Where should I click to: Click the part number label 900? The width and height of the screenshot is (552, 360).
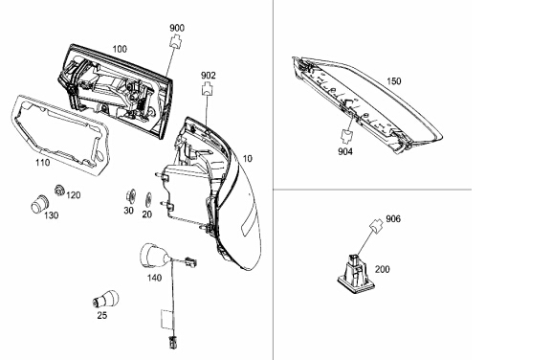pos(177,28)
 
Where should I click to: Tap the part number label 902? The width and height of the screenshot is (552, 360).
pos(208,76)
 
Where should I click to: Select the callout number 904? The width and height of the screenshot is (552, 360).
pos(345,151)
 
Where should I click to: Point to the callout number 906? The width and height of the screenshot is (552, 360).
pos(393,218)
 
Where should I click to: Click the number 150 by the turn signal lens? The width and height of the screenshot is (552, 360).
pos(393,81)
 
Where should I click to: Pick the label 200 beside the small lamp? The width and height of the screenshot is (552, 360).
pos(383,269)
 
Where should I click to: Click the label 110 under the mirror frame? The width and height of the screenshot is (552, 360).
pos(43,163)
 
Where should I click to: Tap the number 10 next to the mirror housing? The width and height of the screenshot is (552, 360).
pos(248,159)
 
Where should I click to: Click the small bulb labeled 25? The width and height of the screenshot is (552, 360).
pos(105,299)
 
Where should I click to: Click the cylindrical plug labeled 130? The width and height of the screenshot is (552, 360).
pos(40,203)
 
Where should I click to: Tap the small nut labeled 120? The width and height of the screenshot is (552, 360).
pos(59,191)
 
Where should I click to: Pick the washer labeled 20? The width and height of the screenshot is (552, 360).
pos(148,200)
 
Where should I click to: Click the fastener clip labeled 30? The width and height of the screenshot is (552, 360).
pos(131,196)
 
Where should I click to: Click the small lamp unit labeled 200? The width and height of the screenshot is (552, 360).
pos(356,274)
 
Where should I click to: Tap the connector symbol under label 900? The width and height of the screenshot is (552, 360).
pos(177,42)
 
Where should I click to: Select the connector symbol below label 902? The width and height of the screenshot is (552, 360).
pos(208,89)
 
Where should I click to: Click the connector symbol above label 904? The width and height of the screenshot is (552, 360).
pos(346,136)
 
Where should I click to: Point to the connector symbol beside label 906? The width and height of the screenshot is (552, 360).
pos(377,226)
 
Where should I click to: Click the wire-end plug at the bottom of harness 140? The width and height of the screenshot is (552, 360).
pos(172,342)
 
